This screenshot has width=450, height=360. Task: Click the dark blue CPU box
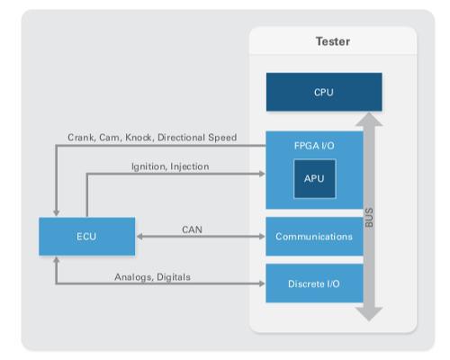324,92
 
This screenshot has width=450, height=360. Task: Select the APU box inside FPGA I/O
315,179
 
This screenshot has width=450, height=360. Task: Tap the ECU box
87,237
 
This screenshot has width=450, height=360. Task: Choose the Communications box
314,237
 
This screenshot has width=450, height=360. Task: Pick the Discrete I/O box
314,283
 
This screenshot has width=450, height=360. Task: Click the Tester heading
333,41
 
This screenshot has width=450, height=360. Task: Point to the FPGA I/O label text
314,146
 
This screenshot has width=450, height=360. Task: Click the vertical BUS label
369,218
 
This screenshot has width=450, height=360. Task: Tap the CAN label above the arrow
192,229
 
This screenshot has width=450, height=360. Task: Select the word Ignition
148,166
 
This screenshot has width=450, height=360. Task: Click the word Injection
190,166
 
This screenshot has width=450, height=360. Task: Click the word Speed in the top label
222,138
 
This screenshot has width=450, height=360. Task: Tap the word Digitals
174,277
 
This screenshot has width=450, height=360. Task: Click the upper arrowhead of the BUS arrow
369,119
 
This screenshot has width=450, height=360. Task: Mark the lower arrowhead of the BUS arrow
369,314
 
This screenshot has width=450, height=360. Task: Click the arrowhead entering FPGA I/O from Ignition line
262,174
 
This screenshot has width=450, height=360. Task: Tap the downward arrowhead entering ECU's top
56,212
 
